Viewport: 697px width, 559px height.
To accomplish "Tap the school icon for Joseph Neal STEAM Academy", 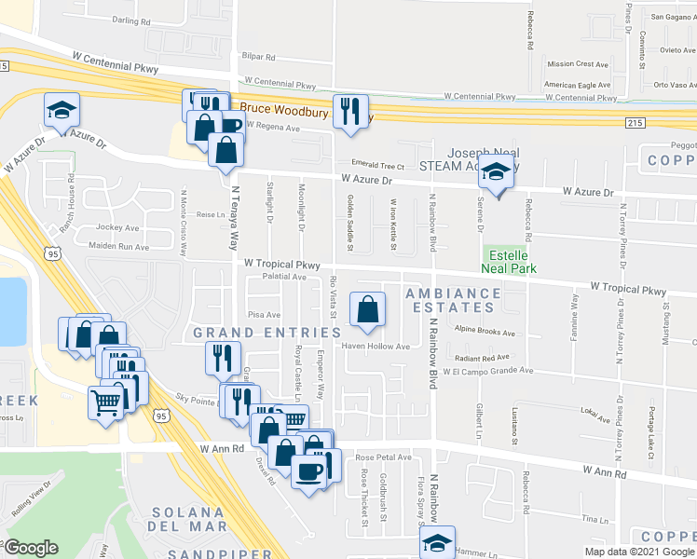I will (x=498, y=173).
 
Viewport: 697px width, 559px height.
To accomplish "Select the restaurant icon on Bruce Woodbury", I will (x=350, y=112).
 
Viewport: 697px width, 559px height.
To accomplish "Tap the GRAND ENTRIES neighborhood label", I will (x=267, y=333).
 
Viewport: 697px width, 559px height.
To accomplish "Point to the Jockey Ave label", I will (x=119, y=227).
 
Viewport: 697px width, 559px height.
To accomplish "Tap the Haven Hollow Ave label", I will (x=376, y=347).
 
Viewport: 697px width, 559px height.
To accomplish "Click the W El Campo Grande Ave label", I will (x=488, y=371).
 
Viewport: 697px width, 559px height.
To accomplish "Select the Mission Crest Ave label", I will (x=578, y=64).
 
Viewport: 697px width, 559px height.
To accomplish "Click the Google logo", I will (x=32, y=548).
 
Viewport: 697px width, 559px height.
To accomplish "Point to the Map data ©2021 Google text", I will (x=639, y=552).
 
